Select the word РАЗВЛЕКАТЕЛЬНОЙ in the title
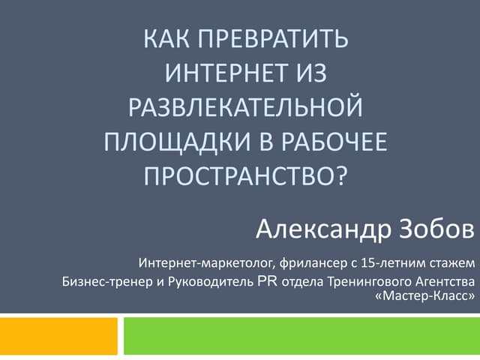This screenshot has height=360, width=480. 247,107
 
